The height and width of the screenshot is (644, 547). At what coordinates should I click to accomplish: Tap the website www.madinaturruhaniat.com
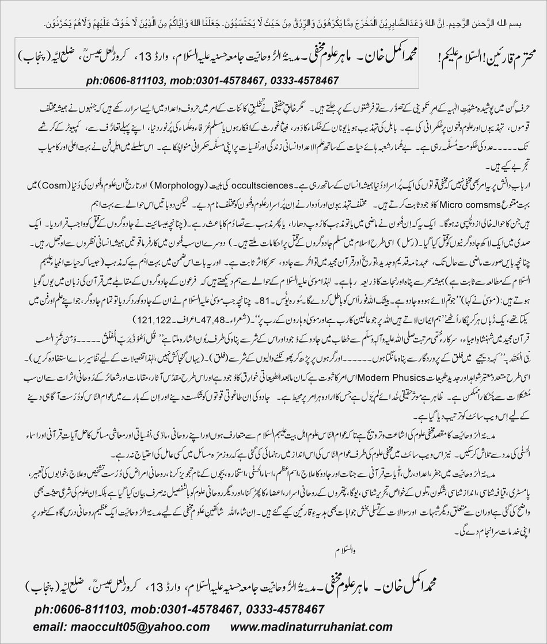point(312,627)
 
